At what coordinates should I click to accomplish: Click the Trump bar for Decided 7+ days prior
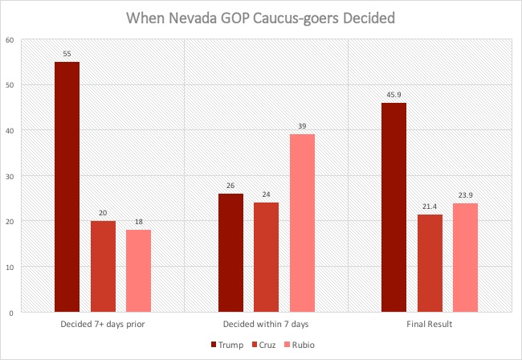[67, 186]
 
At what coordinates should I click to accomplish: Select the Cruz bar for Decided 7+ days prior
[103, 266]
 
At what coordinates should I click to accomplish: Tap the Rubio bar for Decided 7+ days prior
[138, 271]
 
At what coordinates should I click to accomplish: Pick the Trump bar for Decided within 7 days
[230, 252]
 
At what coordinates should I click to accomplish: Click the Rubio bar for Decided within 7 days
[302, 223]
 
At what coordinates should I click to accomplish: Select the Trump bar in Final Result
[394, 207]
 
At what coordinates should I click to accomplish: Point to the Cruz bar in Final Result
[430, 263]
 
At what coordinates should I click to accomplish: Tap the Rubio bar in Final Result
[465, 257]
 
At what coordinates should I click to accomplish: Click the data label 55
[67, 55]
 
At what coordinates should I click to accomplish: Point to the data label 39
[302, 127]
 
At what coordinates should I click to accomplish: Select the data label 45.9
[394, 96]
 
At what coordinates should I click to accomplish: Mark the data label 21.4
[430, 207]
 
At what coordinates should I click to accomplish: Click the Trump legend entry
[226, 345]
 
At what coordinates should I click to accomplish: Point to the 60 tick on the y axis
[9, 39]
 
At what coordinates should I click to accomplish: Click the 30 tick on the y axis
[9, 176]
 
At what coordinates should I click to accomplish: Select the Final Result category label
[430, 324]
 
